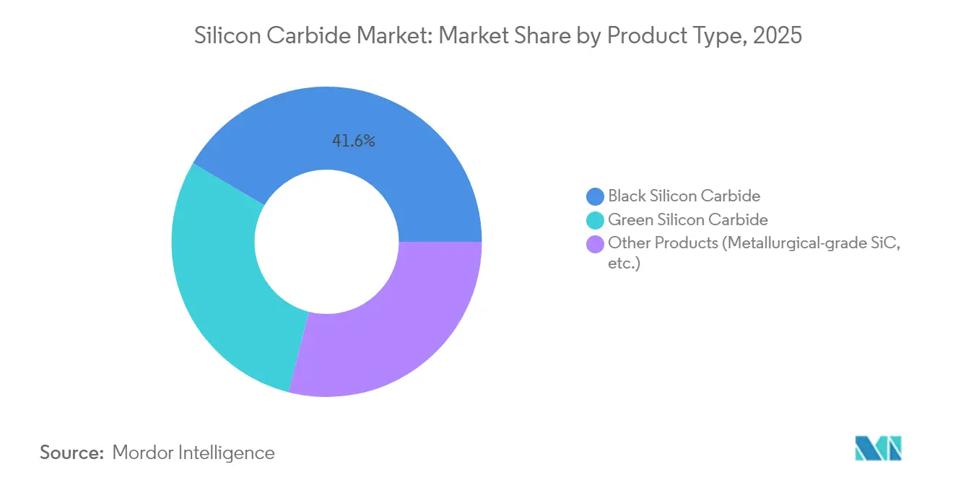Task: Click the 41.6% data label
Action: click(x=353, y=141)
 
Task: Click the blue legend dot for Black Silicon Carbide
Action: click(x=596, y=196)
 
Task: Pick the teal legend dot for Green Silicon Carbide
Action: click(x=596, y=219)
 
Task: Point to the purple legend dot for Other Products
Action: click(x=596, y=243)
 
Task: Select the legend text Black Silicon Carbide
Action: click(x=684, y=196)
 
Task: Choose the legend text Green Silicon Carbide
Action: click(x=687, y=219)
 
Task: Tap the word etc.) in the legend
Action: click(x=624, y=263)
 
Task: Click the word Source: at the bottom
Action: click(x=72, y=453)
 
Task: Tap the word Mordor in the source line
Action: click(x=144, y=453)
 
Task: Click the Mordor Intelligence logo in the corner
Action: click(x=878, y=448)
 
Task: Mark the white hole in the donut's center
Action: click(x=326, y=242)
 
